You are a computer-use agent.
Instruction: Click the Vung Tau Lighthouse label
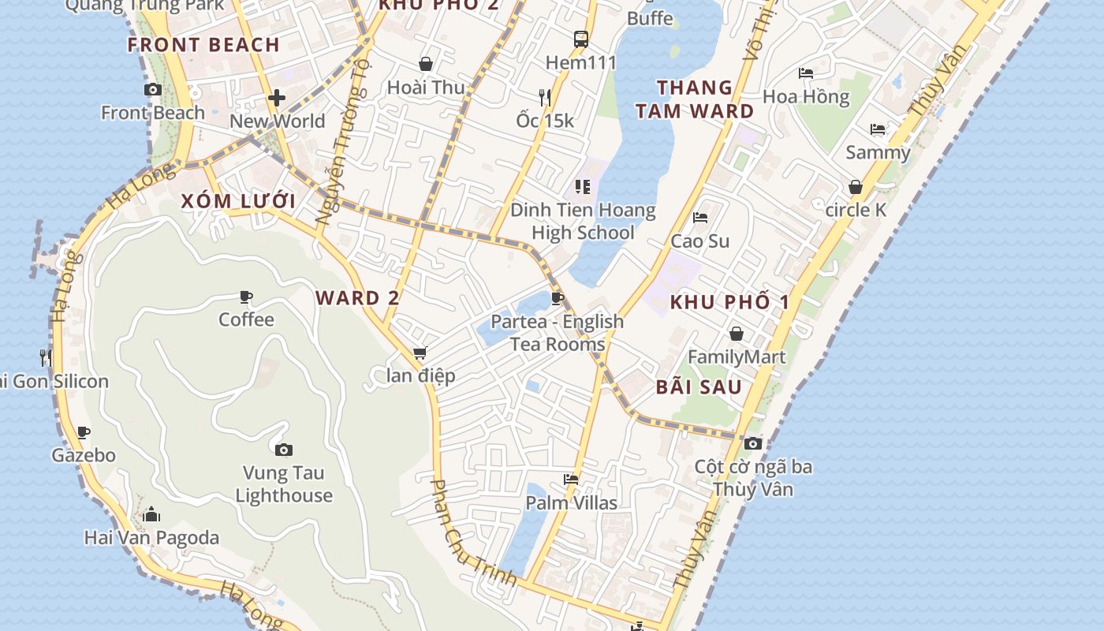point(284,484)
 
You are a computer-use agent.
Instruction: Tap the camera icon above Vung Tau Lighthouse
point(284,450)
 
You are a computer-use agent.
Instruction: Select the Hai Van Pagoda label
point(151,538)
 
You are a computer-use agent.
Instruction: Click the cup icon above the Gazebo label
point(84,432)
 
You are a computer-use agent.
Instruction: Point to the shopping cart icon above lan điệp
point(420,353)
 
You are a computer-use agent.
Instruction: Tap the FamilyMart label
point(737,357)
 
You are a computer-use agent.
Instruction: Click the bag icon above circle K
point(856,188)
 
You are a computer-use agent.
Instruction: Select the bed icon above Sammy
point(878,129)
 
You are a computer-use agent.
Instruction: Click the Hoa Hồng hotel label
point(806,97)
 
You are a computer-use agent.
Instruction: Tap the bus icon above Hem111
point(581,39)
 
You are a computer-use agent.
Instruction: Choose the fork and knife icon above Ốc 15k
point(545,98)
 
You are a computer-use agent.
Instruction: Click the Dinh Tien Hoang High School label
point(583,222)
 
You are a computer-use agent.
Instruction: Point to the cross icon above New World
point(277,99)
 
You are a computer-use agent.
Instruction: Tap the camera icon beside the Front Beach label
point(153,90)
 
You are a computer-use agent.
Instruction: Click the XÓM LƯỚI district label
point(238,201)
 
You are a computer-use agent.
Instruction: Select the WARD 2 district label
point(358,298)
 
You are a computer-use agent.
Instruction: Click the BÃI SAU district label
point(699,387)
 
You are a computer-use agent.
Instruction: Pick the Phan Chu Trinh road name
point(474,535)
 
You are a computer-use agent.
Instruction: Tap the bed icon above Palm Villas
point(571,480)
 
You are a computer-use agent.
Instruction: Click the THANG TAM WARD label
point(695,99)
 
